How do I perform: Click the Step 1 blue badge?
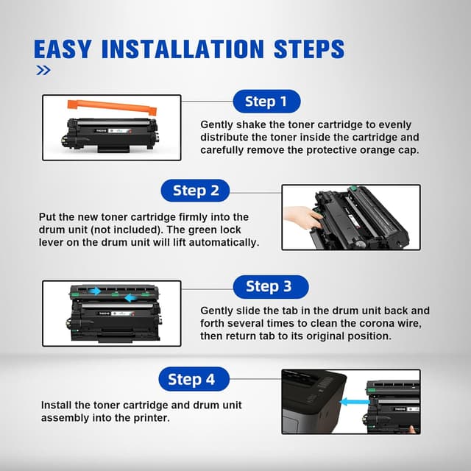tap(266, 102)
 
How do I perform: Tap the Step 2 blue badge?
tap(195, 191)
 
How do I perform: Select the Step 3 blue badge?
tap(271, 286)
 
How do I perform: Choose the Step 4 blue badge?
tap(194, 379)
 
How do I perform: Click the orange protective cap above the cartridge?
tap(112, 107)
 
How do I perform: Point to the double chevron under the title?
tap(43, 71)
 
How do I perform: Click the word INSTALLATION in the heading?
tap(183, 49)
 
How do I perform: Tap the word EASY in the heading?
tap(62, 49)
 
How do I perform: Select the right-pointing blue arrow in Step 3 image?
tap(95, 291)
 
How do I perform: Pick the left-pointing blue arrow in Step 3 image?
tap(131, 298)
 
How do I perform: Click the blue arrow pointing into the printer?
tap(355, 402)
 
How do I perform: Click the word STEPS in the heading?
tap(309, 49)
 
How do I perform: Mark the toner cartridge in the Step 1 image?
tap(110, 135)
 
